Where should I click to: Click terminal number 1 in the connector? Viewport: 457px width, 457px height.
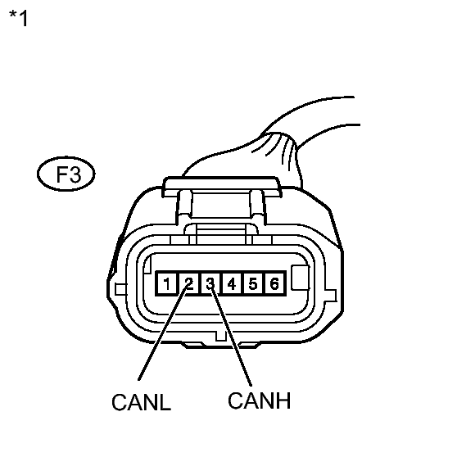tap(167, 283)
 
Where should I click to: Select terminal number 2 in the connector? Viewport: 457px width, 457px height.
tap(189, 283)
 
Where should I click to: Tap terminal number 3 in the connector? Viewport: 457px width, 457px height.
tap(210, 283)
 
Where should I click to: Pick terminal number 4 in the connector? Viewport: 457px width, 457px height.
tap(232, 283)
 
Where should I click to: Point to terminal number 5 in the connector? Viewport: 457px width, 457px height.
tap(253, 283)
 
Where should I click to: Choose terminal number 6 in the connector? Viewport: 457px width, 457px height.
tap(274, 283)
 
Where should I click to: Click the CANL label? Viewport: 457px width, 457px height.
tap(142, 402)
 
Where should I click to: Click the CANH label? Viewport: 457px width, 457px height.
tap(259, 400)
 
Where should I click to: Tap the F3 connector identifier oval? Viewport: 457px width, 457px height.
tap(66, 174)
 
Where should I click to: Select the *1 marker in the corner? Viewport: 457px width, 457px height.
tap(18, 18)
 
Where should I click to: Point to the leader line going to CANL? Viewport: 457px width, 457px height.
tap(163, 333)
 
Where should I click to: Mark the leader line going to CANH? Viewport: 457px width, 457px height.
tap(231, 336)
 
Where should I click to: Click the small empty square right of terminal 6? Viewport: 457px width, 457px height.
tap(301, 278)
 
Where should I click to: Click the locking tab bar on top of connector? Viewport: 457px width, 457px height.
tap(222, 186)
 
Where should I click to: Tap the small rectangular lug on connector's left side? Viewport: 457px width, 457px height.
tap(120, 290)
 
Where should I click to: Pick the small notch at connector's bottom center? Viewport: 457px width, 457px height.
tap(220, 336)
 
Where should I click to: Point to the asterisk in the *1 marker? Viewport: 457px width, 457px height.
tap(13, 14)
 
